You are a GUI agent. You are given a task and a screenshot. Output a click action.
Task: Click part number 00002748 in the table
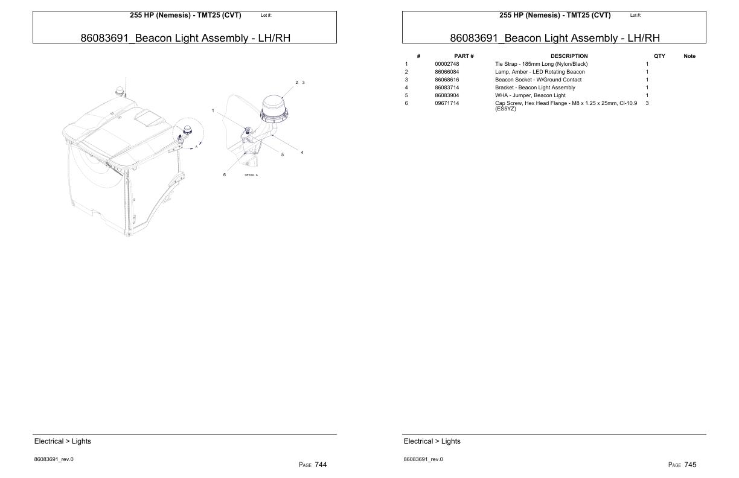click(x=447, y=64)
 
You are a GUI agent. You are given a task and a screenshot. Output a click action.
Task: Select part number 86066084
click(x=447, y=72)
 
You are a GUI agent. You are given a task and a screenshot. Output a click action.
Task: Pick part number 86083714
click(x=447, y=88)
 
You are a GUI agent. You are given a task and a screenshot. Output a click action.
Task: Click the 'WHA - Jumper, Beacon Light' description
click(x=530, y=95)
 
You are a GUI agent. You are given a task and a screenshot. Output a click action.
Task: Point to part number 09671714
click(x=447, y=103)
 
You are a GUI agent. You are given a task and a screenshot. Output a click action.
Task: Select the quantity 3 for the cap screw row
click(x=647, y=103)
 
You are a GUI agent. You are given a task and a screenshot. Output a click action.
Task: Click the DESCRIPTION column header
click(x=569, y=56)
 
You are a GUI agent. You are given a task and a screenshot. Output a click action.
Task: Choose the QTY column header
click(x=659, y=56)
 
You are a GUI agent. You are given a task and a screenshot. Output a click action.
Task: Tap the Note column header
click(x=689, y=56)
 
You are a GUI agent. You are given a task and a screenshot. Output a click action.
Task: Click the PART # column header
click(x=464, y=56)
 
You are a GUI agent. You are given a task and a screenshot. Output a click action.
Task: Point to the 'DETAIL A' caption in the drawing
click(x=251, y=175)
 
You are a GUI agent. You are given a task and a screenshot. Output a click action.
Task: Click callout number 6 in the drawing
click(x=224, y=175)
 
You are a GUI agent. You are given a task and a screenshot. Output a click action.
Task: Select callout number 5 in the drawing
click(x=282, y=155)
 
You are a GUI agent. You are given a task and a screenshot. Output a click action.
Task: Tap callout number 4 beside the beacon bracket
click(x=302, y=152)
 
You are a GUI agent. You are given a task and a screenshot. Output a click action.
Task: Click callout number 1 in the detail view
click(x=213, y=110)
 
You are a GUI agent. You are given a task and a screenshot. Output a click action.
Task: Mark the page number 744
click(x=321, y=465)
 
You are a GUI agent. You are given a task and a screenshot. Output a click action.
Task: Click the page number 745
click(x=690, y=465)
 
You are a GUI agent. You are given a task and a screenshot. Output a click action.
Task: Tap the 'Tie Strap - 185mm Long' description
click(x=541, y=64)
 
